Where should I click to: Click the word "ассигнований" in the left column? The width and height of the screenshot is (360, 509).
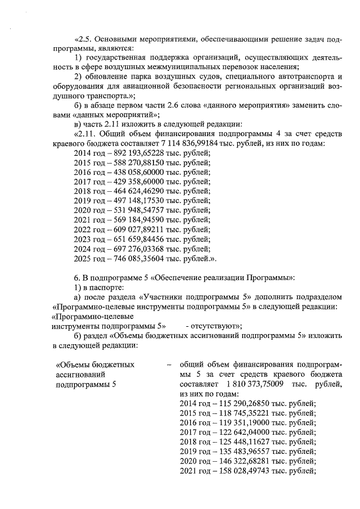point(80,374)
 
